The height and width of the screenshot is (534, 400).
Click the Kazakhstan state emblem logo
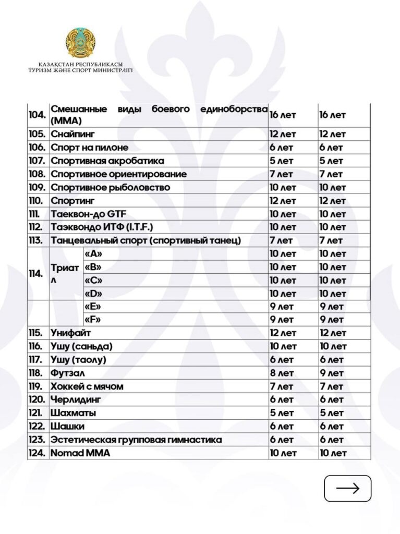tap(80, 43)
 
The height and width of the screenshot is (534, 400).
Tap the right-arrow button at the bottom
tap(348, 488)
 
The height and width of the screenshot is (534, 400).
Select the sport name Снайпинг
tap(73, 134)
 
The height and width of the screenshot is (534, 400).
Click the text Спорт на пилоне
tap(89, 148)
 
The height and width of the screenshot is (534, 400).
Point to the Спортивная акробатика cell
tap(107, 161)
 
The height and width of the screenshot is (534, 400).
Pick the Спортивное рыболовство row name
tap(110, 187)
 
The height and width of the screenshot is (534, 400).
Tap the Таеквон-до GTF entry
tap(89, 214)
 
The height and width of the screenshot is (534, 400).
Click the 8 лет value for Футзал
tap(281, 373)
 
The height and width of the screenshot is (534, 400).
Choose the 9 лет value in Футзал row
tap(331, 373)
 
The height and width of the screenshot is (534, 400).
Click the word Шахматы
tap(74, 413)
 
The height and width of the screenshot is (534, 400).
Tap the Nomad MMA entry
tap(80, 453)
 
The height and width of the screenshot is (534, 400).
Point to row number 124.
tap(38, 453)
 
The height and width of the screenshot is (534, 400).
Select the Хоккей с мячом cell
tap(87, 386)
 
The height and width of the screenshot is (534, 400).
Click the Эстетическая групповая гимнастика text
tap(136, 440)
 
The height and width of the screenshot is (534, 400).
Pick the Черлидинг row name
tap(76, 400)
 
